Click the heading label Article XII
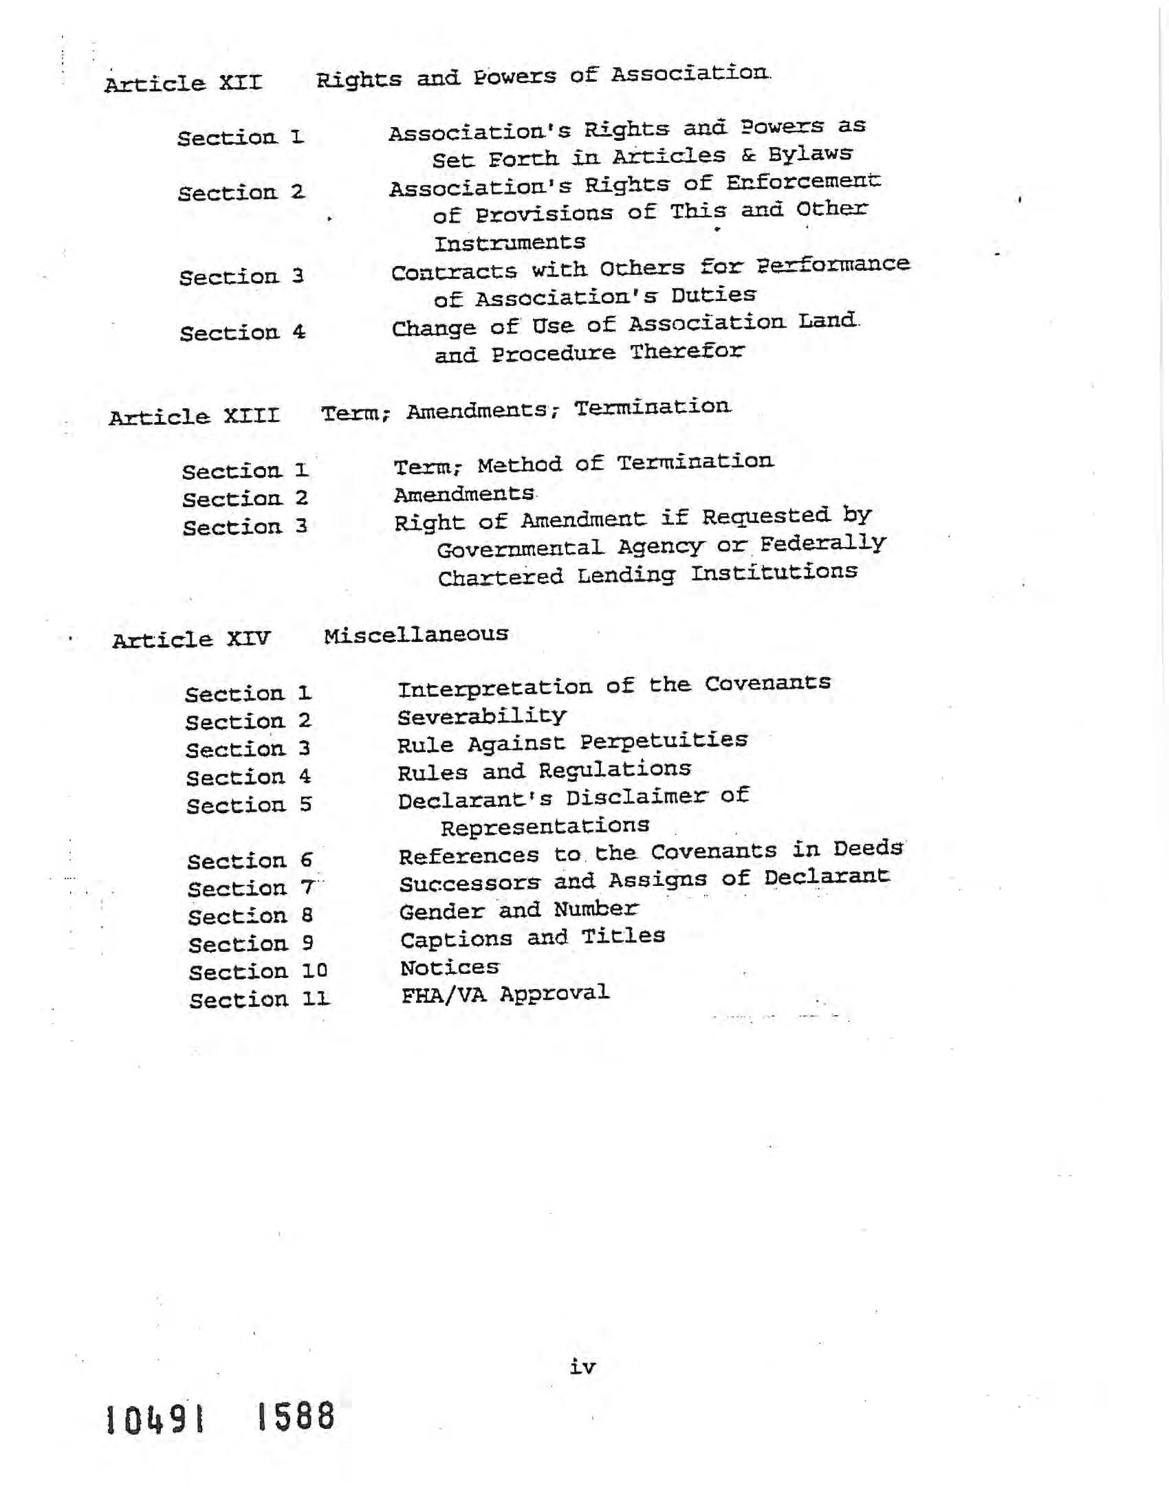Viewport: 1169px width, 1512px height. (x=184, y=84)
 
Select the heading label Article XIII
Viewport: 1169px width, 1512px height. (x=195, y=416)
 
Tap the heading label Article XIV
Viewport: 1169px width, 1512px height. (x=191, y=639)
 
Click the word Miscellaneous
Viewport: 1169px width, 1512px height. (x=416, y=635)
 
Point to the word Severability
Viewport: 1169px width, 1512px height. (x=482, y=717)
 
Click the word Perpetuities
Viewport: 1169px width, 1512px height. (x=664, y=742)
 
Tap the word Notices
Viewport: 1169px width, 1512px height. (x=450, y=967)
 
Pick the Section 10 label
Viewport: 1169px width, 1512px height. (x=259, y=972)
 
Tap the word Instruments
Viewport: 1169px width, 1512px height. (x=510, y=243)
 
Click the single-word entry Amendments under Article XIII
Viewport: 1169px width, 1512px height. (x=464, y=494)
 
